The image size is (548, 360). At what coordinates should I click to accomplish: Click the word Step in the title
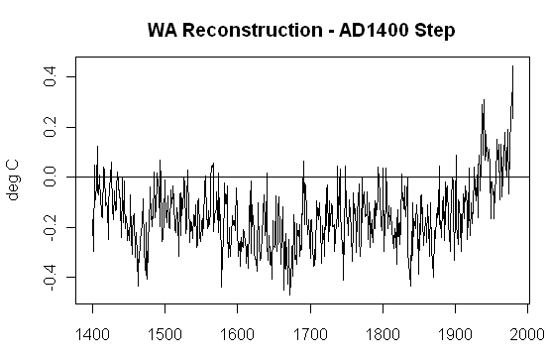point(434,30)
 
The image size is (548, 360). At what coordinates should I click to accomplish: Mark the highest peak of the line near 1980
point(512,66)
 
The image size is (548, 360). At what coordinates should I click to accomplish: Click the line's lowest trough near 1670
point(289,295)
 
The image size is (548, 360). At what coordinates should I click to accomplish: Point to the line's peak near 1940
point(484,100)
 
